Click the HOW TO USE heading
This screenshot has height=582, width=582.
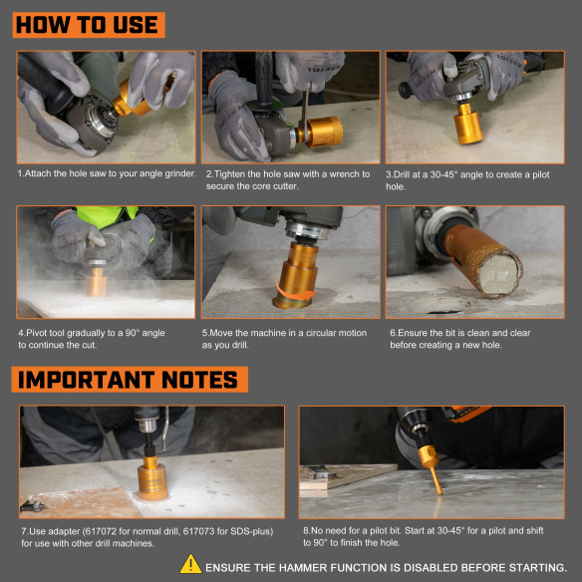tap(89, 24)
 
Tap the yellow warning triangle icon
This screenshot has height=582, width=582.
tap(190, 565)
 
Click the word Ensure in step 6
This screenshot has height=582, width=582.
tap(414, 332)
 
